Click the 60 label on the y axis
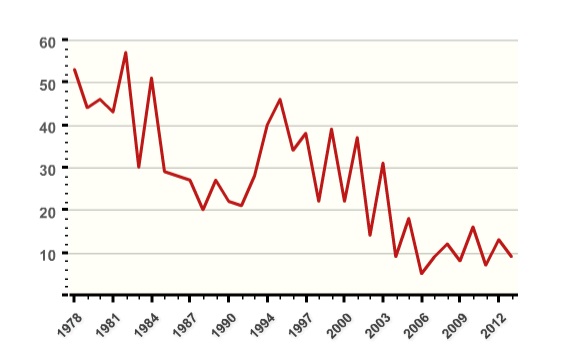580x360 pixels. click(x=47, y=42)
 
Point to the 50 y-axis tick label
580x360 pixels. click(x=47, y=84)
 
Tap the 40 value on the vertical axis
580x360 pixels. click(x=47, y=127)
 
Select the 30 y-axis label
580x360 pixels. click(x=47, y=169)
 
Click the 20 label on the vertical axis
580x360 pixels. click(x=47, y=212)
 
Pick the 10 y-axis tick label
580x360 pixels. click(x=47, y=254)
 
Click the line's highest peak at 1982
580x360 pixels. click(x=126, y=53)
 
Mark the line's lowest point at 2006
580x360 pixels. click(x=421, y=273)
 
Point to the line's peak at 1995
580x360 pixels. click(x=280, y=99)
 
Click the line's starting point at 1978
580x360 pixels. click(x=74, y=70)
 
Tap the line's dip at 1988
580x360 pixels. click(x=203, y=209)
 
